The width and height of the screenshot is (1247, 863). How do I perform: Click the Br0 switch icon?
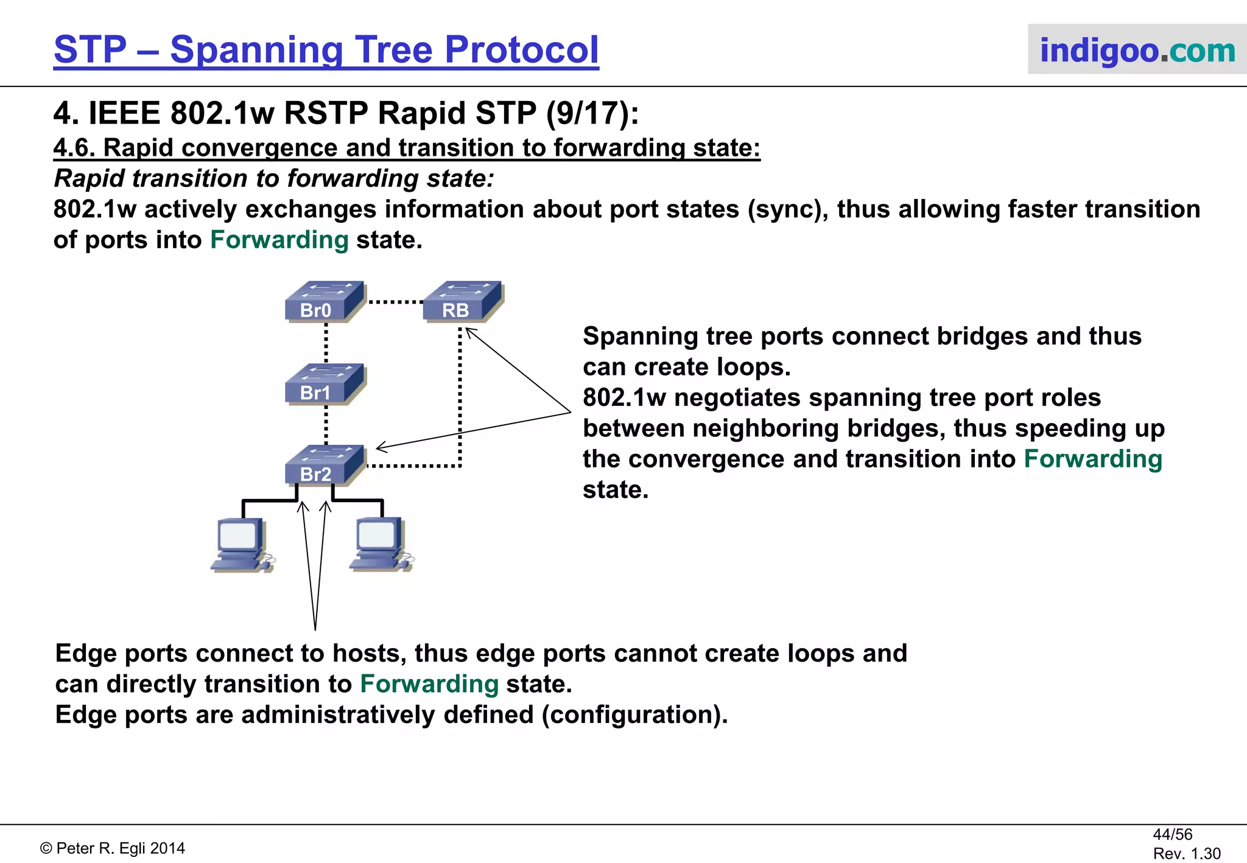(325, 302)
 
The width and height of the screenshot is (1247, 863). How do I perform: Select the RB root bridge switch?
(463, 302)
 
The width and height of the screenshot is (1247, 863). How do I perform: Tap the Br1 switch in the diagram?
(325, 385)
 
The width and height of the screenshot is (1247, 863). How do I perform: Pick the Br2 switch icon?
(325, 466)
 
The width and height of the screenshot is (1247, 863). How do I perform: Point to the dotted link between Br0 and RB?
(395, 302)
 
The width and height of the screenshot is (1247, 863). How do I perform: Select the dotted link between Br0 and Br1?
(326, 343)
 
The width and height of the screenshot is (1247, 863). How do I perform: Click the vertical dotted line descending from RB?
(460, 396)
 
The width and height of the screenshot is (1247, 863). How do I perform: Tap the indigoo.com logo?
(1137, 50)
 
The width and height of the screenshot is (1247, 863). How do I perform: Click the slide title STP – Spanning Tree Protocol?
(326, 50)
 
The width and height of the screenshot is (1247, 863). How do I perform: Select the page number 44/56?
(1172, 834)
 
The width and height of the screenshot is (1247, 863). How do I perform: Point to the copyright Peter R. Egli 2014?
(113, 848)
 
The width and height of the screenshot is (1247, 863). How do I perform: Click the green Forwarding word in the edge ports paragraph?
(429, 684)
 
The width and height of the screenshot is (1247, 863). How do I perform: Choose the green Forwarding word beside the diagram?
(1093, 459)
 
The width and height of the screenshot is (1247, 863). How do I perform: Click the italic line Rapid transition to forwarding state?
(274, 179)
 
